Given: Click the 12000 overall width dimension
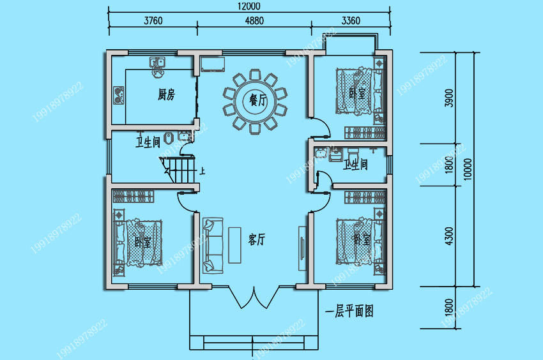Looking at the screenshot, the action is (249, 6).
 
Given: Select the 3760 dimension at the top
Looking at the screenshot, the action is (153, 21).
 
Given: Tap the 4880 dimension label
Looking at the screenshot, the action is (254, 21).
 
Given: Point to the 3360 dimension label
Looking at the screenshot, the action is (351, 21).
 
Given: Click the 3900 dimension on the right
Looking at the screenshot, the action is (449, 98).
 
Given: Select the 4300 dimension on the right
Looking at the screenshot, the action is (449, 236).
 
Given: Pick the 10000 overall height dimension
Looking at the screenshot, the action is (468, 169).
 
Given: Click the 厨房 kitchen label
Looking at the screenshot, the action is (166, 94).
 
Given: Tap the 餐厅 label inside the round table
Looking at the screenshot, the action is (258, 100).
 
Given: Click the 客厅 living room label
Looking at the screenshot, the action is (257, 239).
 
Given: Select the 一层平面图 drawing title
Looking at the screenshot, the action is (349, 311).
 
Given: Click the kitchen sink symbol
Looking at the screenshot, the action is (157, 63).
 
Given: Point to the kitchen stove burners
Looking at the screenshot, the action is (119, 95).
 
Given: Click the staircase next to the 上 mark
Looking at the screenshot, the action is (178, 170).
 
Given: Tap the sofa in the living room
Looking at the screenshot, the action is (213, 245).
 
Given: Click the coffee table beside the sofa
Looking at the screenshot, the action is (234, 245).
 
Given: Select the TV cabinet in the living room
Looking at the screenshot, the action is (302, 248).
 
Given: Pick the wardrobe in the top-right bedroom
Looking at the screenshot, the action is (365, 133).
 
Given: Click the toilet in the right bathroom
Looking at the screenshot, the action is (353, 154).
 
